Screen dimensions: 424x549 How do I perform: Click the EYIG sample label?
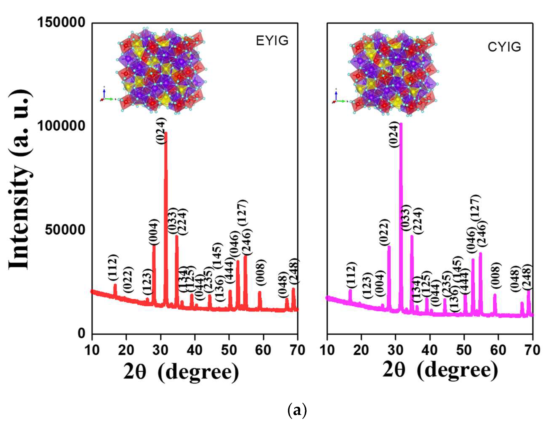tap(272, 41)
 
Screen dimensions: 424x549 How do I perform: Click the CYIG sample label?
tap(504, 47)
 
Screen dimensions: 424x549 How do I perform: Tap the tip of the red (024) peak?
tap(166, 133)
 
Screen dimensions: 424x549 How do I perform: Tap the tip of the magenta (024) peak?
tap(401, 124)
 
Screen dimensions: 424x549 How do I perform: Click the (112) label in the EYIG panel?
tap(113, 268)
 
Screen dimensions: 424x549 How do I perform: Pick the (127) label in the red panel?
tap(243, 212)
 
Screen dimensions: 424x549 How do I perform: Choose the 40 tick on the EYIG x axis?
tap(195, 350)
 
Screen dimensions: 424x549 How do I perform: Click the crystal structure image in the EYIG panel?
tap(161, 70)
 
